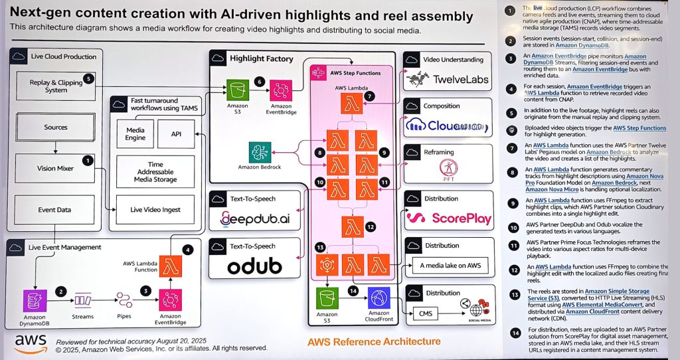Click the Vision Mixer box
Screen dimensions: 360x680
click(x=56, y=169)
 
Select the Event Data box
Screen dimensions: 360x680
click(x=56, y=210)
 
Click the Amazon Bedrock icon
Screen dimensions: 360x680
click(x=260, y=152)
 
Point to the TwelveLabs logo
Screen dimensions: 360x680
click(x=449, y=80)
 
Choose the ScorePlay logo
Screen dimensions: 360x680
click(x=449, y=218)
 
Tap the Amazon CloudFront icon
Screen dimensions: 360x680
click(x=379, y=298)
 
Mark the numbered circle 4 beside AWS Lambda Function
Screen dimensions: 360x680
click(x=188, y=250)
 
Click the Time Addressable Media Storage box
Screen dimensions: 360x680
click(x=155, y=171)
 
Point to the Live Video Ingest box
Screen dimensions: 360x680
click(x=155, y=210)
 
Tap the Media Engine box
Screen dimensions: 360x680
click(x=135, y=134)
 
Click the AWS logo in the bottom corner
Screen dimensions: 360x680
click(x=31, y=341)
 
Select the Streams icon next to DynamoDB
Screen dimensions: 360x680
click(x=84, y=301)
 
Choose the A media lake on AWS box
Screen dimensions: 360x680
click(x=449, y=266)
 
